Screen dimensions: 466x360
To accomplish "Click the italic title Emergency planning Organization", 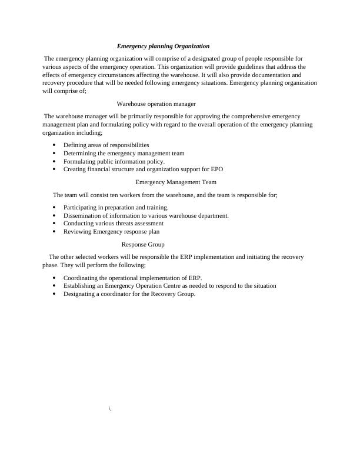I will point(163,46).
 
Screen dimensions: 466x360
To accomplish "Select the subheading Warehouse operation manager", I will point(156,104).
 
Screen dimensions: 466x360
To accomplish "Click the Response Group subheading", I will point(143,244).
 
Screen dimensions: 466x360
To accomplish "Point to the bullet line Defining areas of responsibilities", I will point(106,145).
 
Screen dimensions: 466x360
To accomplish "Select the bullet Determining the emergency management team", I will point(124,153).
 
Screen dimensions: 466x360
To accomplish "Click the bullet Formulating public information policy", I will point(114,161).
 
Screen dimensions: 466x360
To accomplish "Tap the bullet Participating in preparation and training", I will point(116,207).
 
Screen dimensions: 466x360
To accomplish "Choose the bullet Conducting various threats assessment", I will point(114,224).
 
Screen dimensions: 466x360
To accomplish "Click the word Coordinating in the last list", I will point(81,277).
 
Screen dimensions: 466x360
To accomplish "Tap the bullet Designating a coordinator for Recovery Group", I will point(129,294).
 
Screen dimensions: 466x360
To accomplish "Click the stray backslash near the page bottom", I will point(110,408).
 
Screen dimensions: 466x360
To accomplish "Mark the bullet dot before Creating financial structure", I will point(54,169).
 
